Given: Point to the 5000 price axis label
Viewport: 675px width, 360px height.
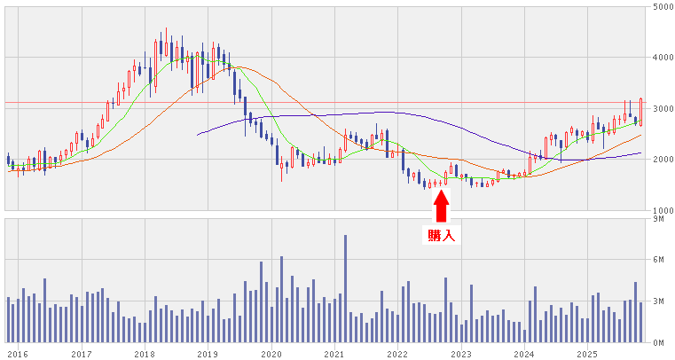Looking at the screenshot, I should point(662,7).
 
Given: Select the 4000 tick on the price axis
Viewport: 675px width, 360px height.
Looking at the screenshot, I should point(662,59).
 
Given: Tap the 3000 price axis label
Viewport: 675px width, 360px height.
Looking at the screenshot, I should point(662,109).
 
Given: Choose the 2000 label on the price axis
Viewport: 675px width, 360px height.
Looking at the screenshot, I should point(662,160).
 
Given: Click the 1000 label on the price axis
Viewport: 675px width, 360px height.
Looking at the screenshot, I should point(662,211).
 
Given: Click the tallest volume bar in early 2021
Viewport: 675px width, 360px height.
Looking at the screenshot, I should point(345,288).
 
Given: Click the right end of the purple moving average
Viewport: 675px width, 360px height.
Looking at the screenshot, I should point(640,153).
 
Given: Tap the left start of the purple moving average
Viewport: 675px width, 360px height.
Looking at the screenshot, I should point(197,135).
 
